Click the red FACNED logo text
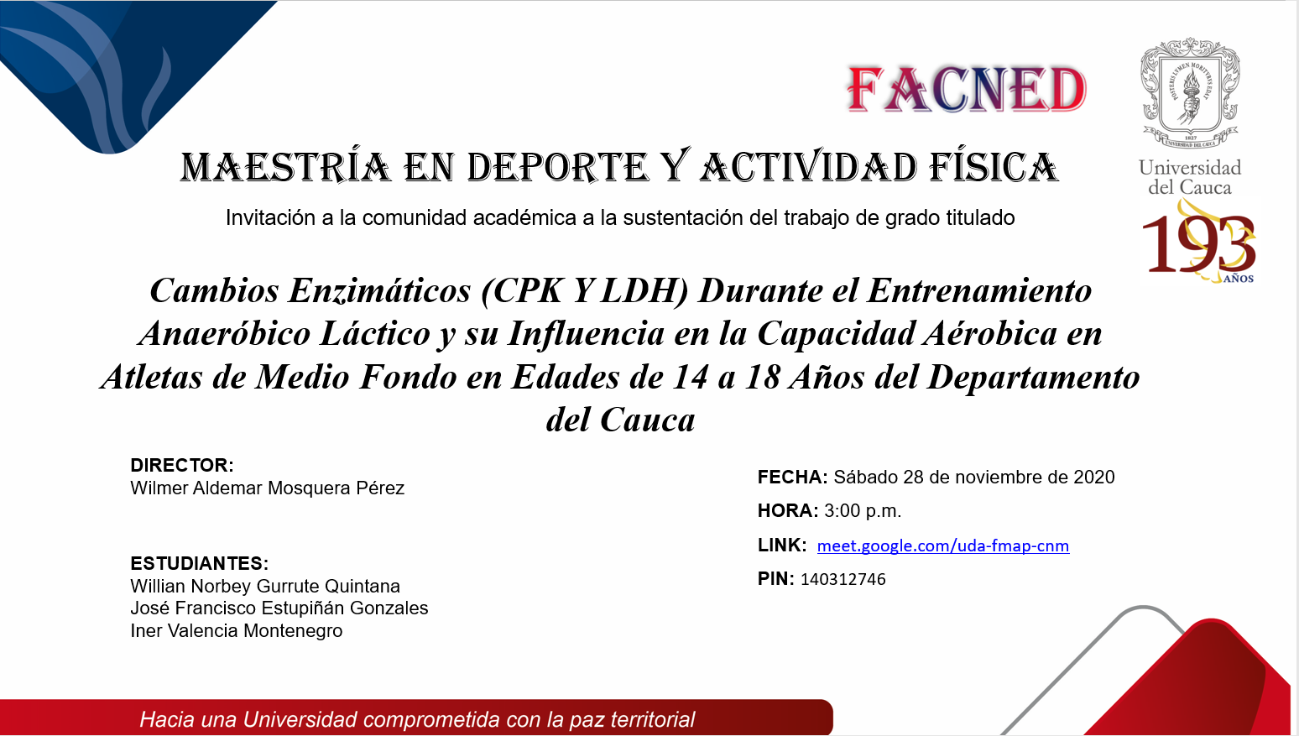click(967, 89)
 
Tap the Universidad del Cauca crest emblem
click(1190, 93)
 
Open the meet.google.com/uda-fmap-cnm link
click(943, 545)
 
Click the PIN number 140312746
click(843, 579)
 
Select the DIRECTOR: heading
click(181, 465)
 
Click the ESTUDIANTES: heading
click(199, 563)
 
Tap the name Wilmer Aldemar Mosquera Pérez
click(268, 488)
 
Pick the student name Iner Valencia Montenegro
click(236, 630)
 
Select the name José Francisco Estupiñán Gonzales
click(279, 608)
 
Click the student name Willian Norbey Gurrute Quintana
click(265, 586)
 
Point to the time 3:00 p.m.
click(863, 511)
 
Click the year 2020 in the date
click(1093, 478)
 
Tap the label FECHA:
click(793, 478)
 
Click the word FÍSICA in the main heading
click(994, 168)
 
